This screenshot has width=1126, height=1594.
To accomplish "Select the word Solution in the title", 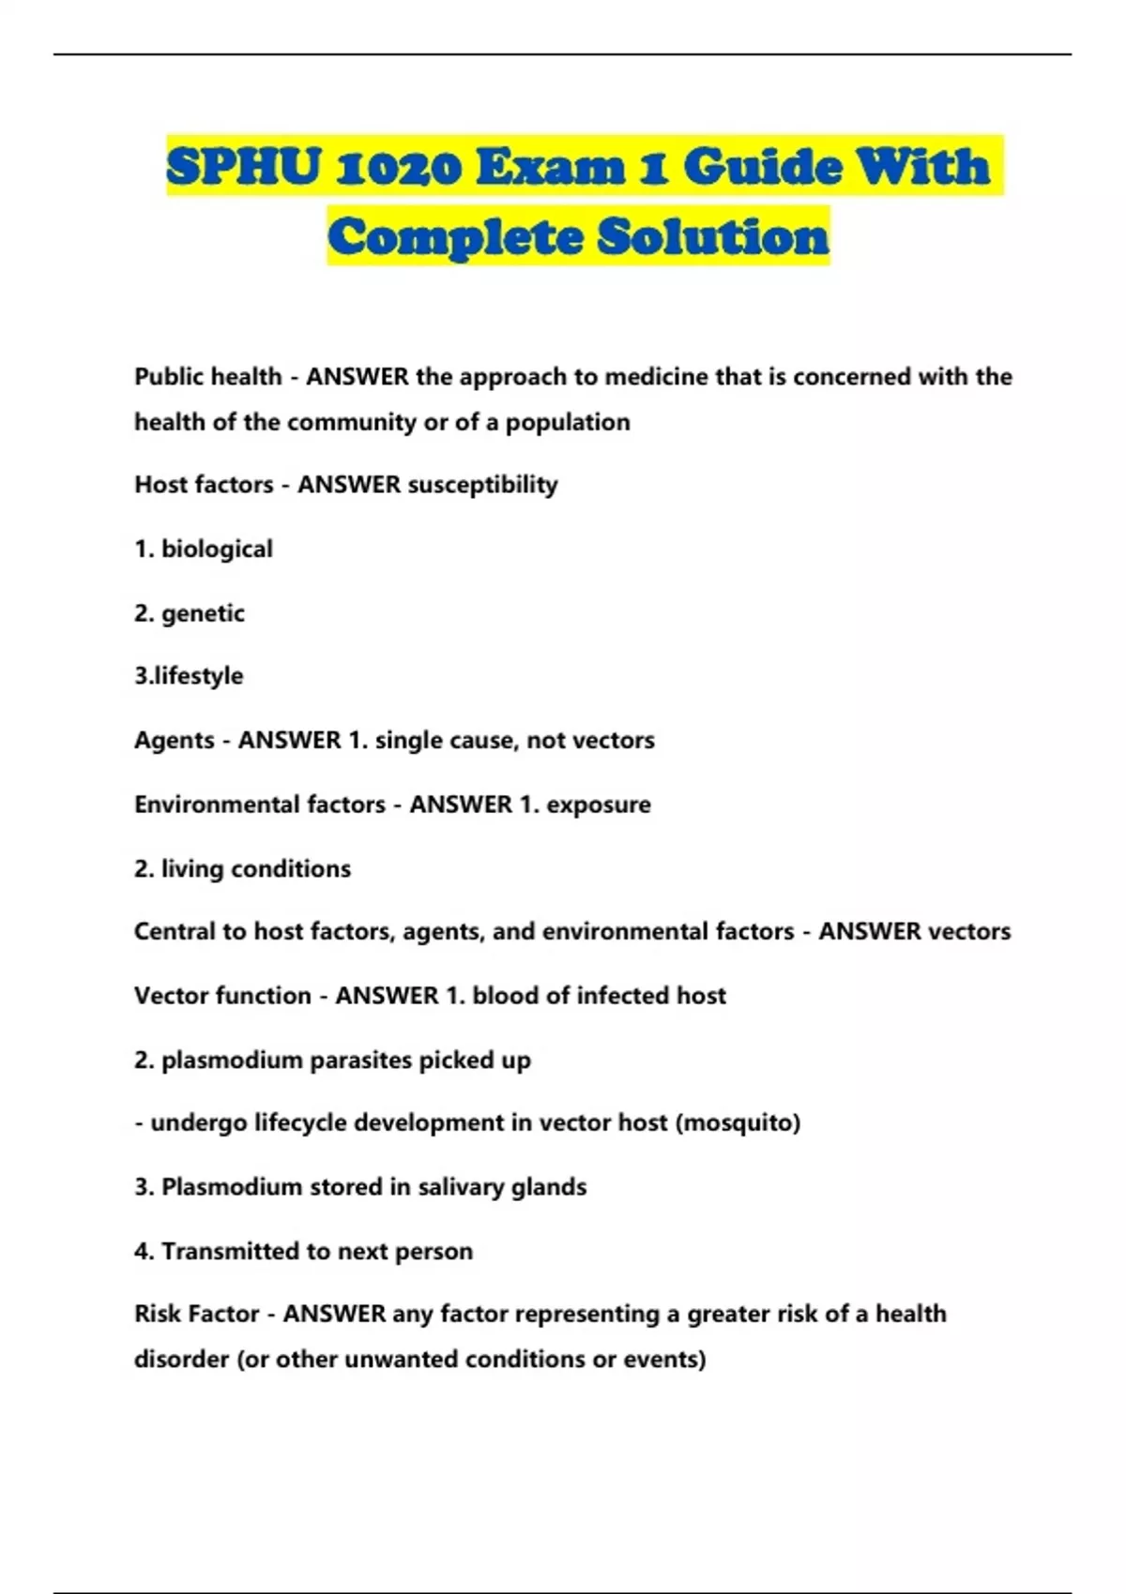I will pos(713,236).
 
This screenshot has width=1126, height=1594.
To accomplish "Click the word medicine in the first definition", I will pos(656,377).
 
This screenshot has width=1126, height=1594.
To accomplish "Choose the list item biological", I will pos(217,549).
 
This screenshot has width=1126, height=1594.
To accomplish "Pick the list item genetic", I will pos(203,613).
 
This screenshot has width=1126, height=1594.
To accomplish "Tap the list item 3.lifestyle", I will pos(189,676).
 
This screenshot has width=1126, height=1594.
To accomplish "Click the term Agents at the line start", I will pos(175,741).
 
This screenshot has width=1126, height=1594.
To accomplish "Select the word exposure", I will pos(599,805).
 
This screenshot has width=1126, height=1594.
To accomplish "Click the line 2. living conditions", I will pos(242,869).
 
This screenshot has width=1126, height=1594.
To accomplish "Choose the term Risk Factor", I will pos(196,1314).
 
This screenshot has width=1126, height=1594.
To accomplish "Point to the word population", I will pos(568,423).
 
